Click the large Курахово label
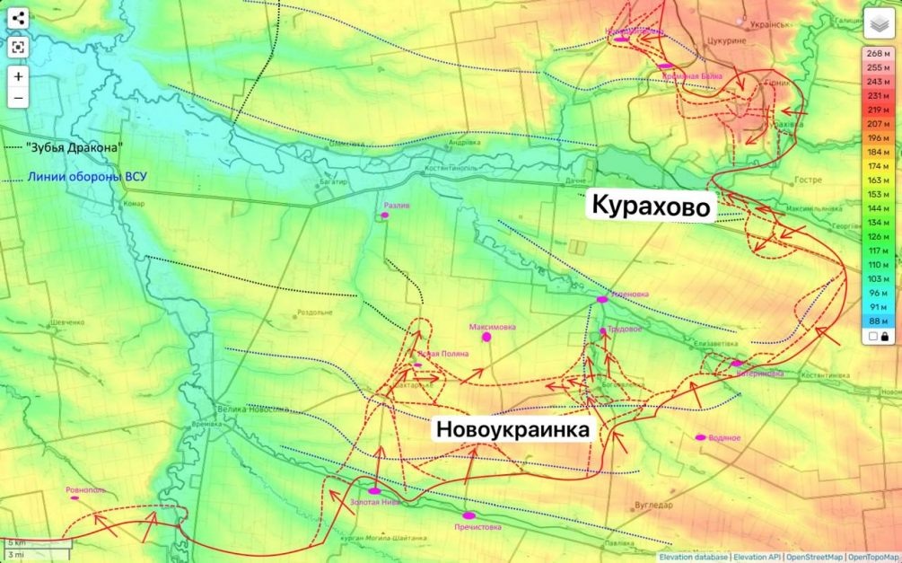[652, 207]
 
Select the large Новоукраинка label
[513, 430]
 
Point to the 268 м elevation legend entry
[879, 53]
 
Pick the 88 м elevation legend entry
[879, 321]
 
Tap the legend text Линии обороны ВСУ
[86, 177]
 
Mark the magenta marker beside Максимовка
[487, 338]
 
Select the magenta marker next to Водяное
[701, 438]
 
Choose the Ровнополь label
[86, 490]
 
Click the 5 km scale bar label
[18, 543]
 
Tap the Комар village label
[135, 204]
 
